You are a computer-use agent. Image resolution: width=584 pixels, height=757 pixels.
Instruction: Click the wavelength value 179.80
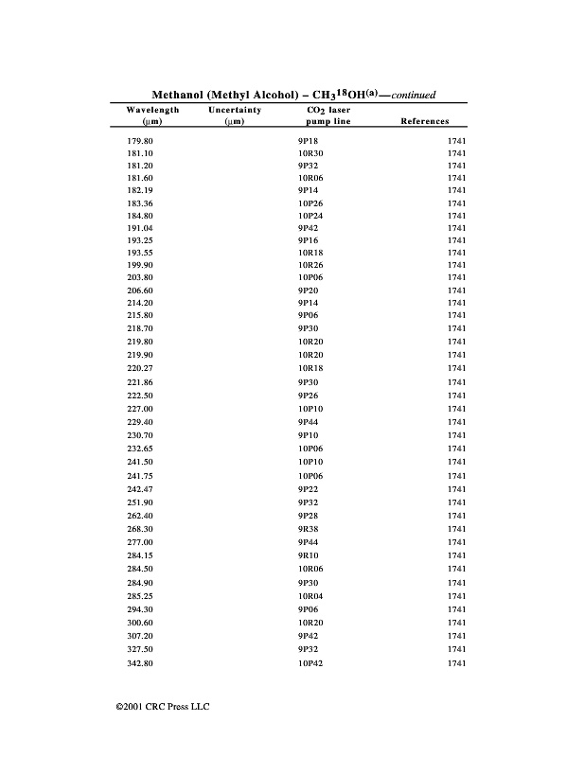(x=139, y=140)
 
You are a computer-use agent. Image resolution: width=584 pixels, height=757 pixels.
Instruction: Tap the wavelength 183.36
(x=139, y=203)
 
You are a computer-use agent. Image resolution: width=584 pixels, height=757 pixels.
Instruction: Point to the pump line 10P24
(x=310, y=216)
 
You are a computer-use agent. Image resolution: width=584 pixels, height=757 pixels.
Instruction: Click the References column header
(x=425, y=122)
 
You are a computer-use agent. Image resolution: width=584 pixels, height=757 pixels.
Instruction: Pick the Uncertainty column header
(x=235, y=111)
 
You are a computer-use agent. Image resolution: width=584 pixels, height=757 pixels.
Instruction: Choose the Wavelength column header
(x=152, y=111)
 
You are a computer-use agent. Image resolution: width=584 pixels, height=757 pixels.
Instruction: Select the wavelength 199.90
(x=139, y=266)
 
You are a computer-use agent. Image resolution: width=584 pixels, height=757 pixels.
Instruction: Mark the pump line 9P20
(x=308, y=290)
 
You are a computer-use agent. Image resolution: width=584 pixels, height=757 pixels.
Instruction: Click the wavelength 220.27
(x=139, y=367)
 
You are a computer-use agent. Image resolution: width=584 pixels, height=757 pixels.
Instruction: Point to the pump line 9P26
(x=308, y=395)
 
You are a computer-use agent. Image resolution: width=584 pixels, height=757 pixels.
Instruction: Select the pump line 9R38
(x=308, y=529)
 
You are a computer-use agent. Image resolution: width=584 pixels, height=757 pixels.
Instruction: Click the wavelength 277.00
(x=139, y=542)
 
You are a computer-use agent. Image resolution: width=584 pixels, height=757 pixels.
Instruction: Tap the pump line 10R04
(x=310, y=596)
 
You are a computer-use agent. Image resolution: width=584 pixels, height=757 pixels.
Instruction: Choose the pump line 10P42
(x=310, y=664)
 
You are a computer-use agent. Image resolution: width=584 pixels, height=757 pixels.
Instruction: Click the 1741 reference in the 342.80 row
(x=456, y=664)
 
